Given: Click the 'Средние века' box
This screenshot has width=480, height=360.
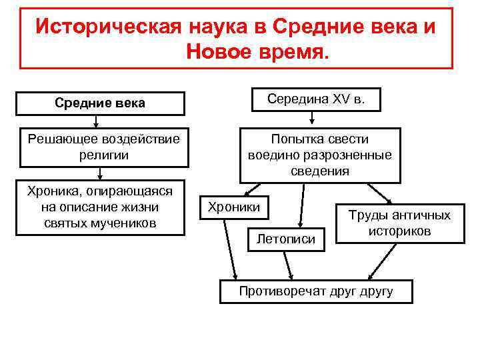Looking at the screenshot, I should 100,103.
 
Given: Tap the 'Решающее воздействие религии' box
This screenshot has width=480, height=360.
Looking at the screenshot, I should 100,147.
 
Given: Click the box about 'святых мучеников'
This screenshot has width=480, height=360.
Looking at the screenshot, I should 100,207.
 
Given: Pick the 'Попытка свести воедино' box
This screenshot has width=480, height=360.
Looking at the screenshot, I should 320,155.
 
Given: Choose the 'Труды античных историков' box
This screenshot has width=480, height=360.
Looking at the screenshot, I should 400,223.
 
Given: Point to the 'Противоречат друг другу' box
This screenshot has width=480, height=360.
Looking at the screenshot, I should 316,291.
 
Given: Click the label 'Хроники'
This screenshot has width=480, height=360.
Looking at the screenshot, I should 234,207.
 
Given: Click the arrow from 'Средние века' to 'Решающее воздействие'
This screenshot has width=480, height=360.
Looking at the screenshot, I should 97,121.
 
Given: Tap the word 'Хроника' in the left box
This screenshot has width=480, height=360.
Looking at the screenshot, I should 51,192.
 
